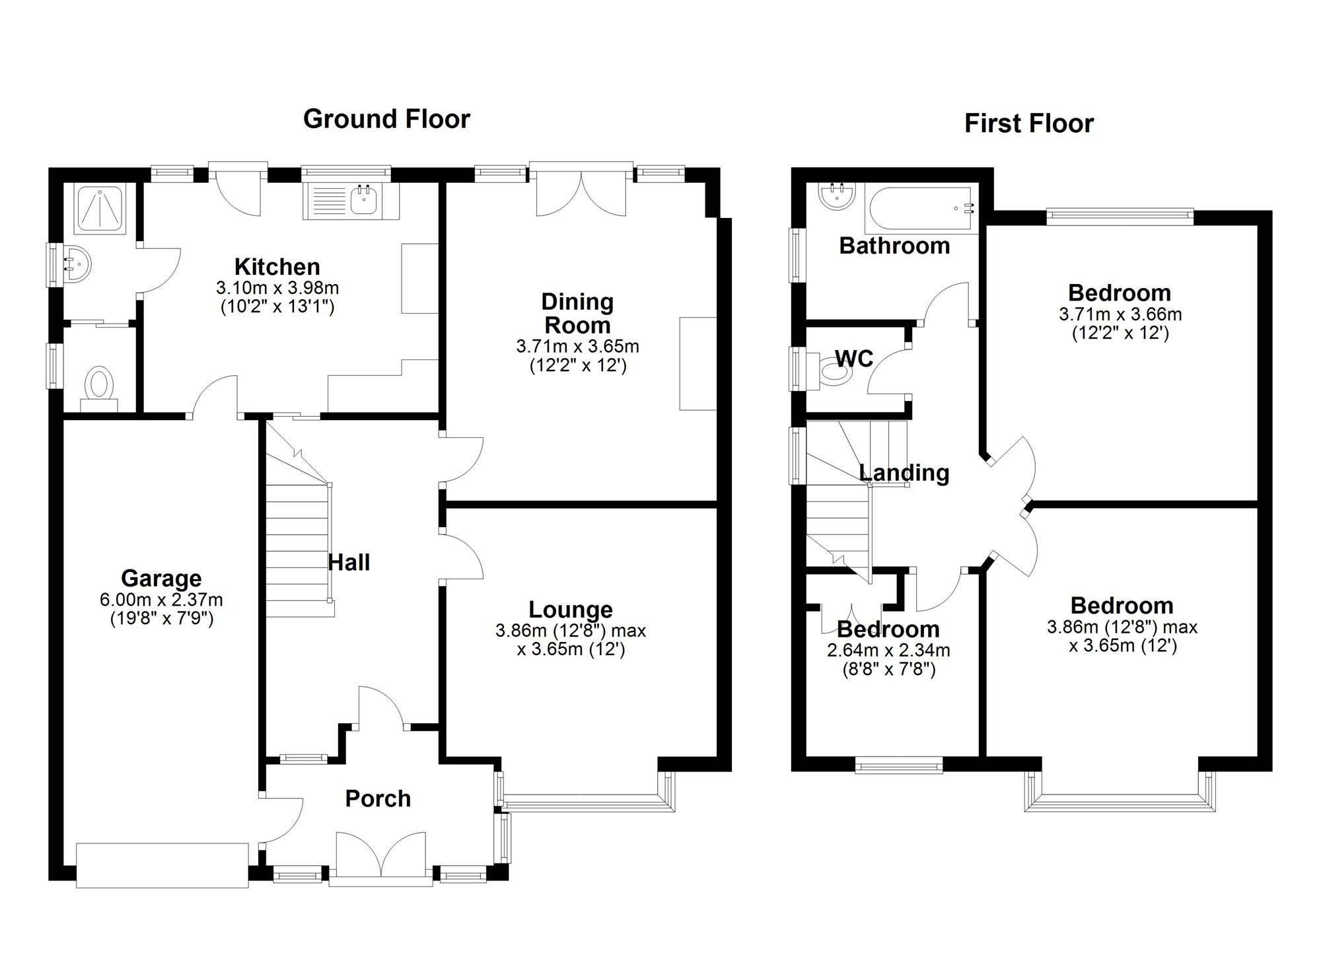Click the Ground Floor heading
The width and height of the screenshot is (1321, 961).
(386, 119)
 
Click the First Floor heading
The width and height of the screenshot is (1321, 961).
(1029, 124)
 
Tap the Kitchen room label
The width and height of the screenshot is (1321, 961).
(277, 267)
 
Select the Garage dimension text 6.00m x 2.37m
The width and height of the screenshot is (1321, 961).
(161, 600)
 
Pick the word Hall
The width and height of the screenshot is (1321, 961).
(349, 563)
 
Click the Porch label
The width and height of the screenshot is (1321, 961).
(378, 799)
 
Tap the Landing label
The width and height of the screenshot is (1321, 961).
(904, 473)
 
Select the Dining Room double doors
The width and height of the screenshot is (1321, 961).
(581, 190)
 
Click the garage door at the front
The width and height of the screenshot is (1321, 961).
(162, 865)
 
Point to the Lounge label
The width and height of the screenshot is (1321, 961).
(571, 610)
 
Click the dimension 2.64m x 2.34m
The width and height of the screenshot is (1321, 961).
(888, 651)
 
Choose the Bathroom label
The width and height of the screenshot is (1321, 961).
(894, 246)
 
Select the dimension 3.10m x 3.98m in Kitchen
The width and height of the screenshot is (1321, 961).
(277, 288)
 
